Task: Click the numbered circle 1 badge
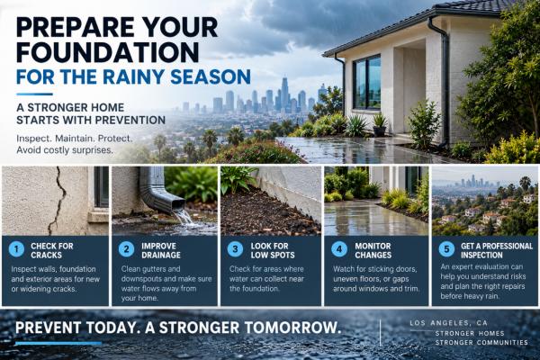pos(16,249)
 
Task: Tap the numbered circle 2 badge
pos(126,249)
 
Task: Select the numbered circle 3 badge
pos(235,249)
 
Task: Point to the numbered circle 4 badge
pos(339,249)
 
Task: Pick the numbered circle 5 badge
pos(446,249)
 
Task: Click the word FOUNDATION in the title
pos(108,52)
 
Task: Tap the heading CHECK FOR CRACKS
pos(52,250)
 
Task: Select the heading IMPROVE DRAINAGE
pos(161,250)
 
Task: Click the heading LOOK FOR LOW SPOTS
pos(273,250)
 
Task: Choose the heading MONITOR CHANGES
pos(373,250)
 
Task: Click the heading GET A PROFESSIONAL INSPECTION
pos(497,250)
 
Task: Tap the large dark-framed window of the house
pos(367,82)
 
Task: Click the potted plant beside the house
pos(380,125)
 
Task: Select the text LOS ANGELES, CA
pos(448,323)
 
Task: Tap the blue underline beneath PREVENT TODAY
pos(58,343)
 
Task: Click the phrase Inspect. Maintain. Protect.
pos(74,139)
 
